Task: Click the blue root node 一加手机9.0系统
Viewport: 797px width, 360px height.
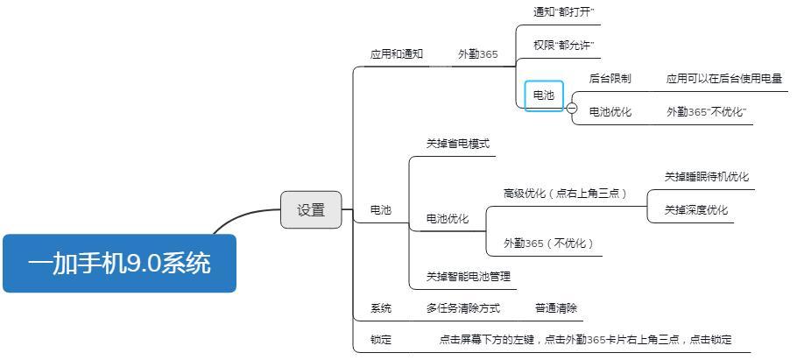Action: tap(119, 263)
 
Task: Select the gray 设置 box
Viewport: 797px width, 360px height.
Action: tap(311, 210)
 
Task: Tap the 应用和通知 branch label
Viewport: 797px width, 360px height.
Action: tap(396, 54)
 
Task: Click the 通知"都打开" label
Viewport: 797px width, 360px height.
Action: tap(564, 12)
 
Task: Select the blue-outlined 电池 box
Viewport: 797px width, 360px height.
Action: tap(544, 95)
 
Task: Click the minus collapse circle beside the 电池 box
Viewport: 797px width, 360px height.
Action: tap(572, 109)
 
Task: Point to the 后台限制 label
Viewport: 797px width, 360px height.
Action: tap(610, 79)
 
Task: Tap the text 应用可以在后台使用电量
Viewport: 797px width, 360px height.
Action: tap(723, 79)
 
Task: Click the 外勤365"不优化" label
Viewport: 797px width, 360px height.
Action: tap(706, 112)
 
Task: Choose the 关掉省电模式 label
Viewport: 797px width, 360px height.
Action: tap(457, 144)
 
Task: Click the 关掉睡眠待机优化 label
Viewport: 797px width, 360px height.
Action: tap(706, 177)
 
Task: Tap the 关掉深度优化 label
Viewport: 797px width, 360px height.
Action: tap(695, 210)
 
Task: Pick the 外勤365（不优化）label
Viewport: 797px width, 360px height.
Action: tap(548, 244)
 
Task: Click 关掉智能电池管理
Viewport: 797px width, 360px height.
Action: tap(468, 277)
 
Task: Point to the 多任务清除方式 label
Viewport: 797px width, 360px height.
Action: tap(462, 308)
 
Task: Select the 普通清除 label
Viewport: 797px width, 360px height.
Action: tap(556, 308)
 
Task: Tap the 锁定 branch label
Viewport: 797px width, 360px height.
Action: tap(381, 340)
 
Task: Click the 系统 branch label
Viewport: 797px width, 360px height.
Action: tap(381, 308)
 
